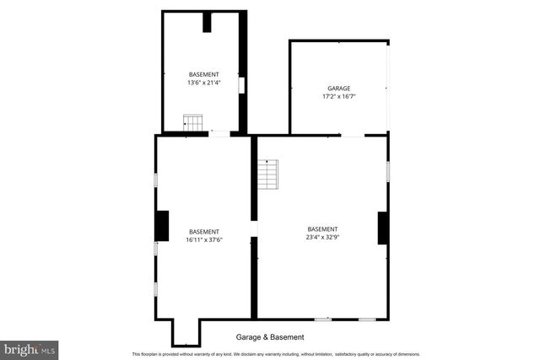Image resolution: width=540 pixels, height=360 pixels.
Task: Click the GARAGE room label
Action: pos(338,88)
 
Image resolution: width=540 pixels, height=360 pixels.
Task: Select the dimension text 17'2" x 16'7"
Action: pos(338,97)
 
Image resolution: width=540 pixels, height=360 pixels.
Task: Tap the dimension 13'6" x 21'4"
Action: pos(203,83)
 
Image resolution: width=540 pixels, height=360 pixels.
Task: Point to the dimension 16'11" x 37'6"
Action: pos(203,240)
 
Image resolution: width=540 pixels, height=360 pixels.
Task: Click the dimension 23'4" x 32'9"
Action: pos(322,238)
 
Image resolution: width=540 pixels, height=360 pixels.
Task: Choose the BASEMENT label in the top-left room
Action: pos(203,74)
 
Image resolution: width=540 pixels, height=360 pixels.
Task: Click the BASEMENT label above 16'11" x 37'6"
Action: pos(203,232)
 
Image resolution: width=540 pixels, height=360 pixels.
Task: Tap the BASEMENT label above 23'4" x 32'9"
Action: pos(322,229)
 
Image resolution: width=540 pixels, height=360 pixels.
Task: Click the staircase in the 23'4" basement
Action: pos(267,175)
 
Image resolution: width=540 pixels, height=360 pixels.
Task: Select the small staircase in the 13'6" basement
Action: pos(194,124)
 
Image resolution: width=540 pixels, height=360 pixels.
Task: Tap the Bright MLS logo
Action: pos(29,348)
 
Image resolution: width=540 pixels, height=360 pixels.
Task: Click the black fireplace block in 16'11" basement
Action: pos(162,226)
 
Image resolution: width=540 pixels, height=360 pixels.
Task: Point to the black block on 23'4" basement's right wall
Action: pos(382,228)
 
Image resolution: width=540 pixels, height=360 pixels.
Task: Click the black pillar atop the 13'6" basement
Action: pos(207,22)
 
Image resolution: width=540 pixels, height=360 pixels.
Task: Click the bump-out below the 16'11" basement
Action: pos(186,332)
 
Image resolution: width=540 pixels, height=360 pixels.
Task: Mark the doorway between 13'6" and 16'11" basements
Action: pos(219,133)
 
